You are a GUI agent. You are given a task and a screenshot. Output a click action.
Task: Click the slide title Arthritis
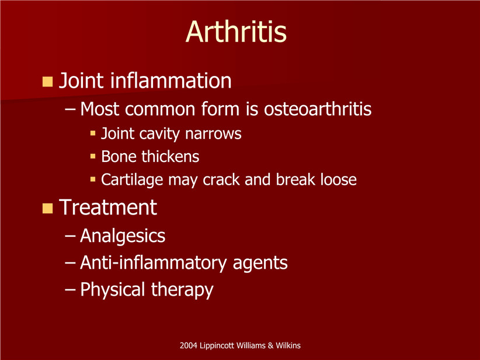[236, 32]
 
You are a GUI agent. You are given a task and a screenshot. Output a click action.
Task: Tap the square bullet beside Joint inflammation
[47, 81]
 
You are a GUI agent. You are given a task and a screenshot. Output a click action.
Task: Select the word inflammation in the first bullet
[171, 80]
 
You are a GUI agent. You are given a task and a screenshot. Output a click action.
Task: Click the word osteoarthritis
[318, 109]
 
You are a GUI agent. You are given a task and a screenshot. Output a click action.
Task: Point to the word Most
[99, 109]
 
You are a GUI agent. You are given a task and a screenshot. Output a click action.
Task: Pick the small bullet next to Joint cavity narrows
[93, 133]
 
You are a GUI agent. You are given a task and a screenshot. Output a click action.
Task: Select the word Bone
[119, 157]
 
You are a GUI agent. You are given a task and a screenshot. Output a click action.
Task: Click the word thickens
[170, 156]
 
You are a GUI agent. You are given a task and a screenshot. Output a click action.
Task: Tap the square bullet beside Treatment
[47, 208]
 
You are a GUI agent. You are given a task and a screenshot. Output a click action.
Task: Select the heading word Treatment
[108, 207]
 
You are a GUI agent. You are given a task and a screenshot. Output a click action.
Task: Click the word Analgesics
[123, 236]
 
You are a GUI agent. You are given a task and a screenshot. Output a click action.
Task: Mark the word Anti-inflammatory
[154, 263]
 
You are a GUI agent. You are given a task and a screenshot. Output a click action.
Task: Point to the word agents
[260, 264]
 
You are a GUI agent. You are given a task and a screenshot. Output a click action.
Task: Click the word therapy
[182, 290]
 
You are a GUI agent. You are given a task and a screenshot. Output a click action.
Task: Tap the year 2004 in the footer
[188, 345]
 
